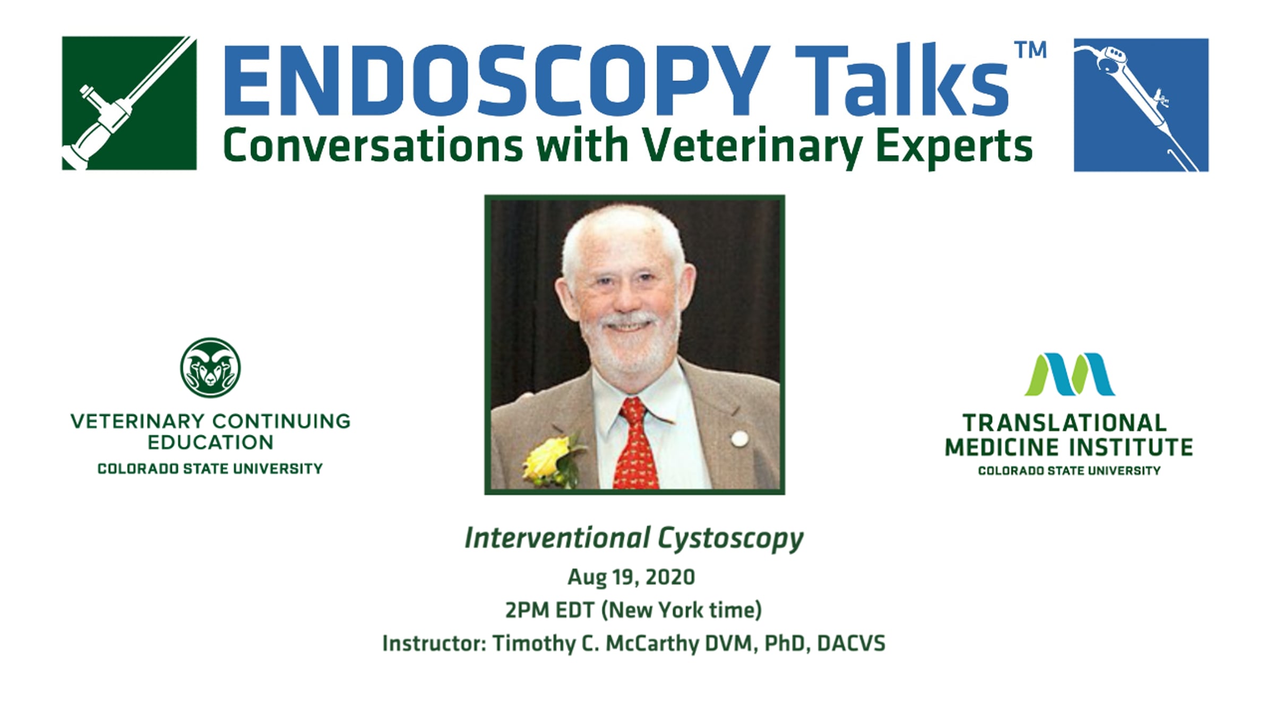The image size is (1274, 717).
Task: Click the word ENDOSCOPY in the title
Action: click(497, 80)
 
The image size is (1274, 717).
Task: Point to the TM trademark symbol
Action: click(1030, 50)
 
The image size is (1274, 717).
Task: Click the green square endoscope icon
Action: click(129, 103)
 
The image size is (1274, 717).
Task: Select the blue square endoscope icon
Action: click(1141, 105)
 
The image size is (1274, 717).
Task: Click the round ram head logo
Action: click(210, 368)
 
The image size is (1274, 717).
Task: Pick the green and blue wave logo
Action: click(1069, 374)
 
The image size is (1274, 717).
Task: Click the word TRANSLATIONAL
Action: click(1065, 423)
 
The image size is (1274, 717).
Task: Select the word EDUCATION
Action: click(210, 442)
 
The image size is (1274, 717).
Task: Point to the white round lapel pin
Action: click(739, 439)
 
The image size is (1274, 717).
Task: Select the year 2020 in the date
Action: click(670, 577)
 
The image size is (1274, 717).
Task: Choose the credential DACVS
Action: click(851, 643)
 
